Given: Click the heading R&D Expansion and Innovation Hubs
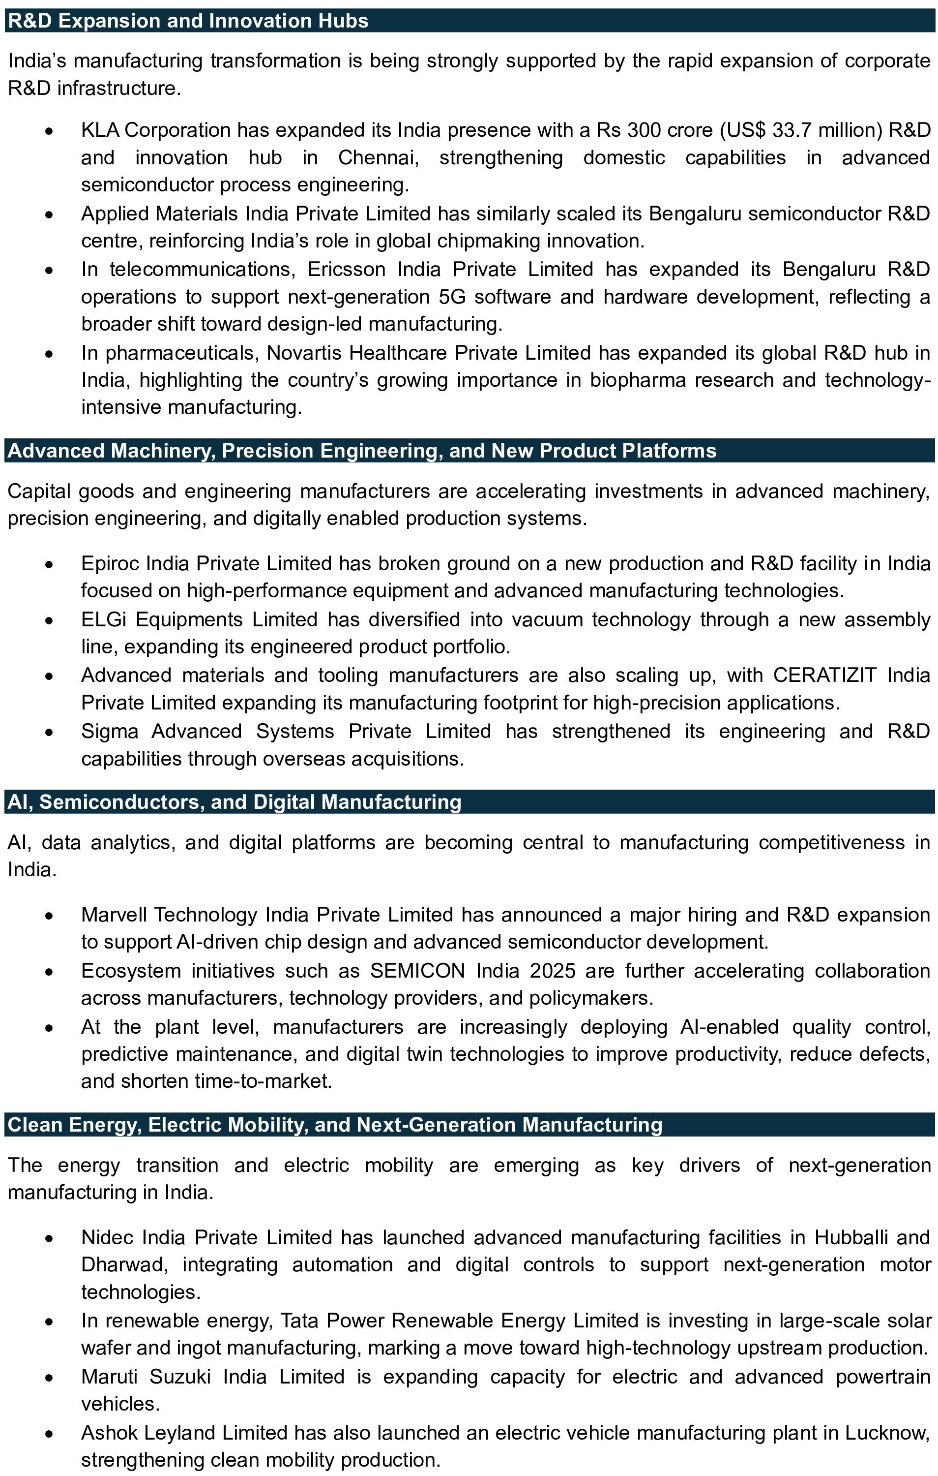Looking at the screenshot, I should click(x=188, y=21).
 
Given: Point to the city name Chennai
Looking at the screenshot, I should click(x=378, y=157).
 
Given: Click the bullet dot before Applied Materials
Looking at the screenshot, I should click(x=49, y=214).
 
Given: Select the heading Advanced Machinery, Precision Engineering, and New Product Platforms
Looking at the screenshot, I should click(x=361, y=451).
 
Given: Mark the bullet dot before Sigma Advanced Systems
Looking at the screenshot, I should click(x=49, y=732).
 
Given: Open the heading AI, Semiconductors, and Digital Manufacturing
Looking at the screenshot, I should click(x=234, y=802).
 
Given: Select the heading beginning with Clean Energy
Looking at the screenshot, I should click(x=334, y=1125).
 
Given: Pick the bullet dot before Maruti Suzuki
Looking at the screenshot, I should click(x=49, y=1377).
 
